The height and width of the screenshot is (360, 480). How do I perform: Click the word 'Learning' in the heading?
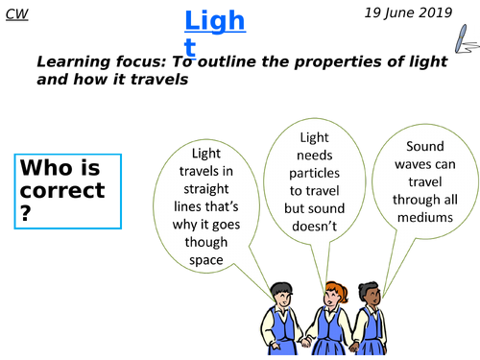tap(74, 63)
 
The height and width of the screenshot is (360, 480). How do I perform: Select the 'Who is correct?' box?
tap(66, 191)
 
